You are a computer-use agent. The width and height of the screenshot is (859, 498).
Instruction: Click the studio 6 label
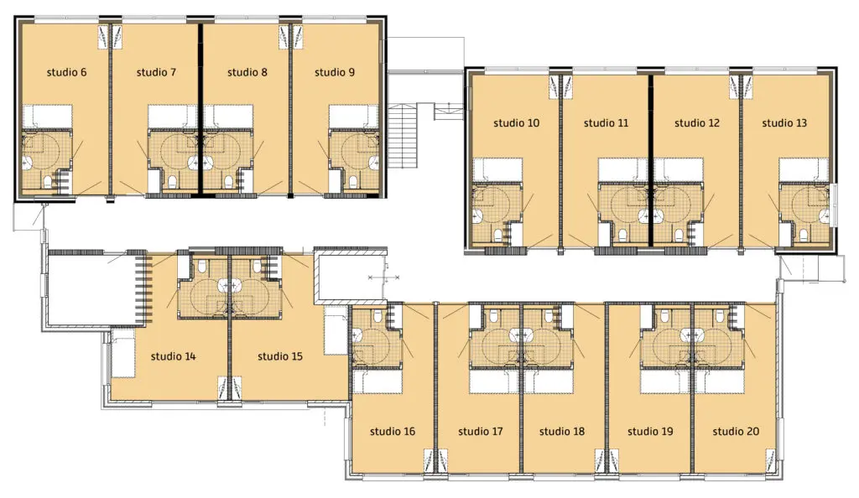(x=66, y=72)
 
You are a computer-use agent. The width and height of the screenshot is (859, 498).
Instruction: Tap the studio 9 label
(x=334, y=72)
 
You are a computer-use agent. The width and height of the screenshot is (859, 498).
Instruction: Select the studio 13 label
(x=784, y=123)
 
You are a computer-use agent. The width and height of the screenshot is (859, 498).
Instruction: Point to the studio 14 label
(x=173, y=356)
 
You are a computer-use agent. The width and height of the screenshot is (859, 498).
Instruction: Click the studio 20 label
(x=736, y=431)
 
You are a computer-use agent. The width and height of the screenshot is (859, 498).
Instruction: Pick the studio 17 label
(x=481, y=431)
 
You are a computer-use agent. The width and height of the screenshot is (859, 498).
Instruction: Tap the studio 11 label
(x=606, y=123)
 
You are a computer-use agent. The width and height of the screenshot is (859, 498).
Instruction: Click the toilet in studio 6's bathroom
(x=48, y=181)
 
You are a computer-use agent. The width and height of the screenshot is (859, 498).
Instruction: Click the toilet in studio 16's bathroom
(x=377, y=316)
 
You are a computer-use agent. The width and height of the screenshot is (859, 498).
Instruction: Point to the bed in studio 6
(x=47, y=117)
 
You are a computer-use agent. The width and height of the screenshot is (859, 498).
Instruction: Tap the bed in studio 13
(x=804, y=170)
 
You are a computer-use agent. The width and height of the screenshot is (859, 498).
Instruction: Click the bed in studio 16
(x=377, y=381)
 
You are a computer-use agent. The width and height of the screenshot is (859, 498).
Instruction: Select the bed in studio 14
(x=123, y=353)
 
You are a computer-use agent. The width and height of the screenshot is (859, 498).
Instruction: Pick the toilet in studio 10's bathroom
(x=498, y=236)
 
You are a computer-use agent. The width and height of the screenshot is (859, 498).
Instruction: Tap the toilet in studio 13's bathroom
(x=804, y=236)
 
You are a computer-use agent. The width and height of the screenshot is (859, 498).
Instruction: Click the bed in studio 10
(x=497, y=170)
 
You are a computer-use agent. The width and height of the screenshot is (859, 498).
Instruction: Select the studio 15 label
(x=280, y=356)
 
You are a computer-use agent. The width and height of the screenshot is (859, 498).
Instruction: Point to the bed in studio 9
(x=353, y=117)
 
